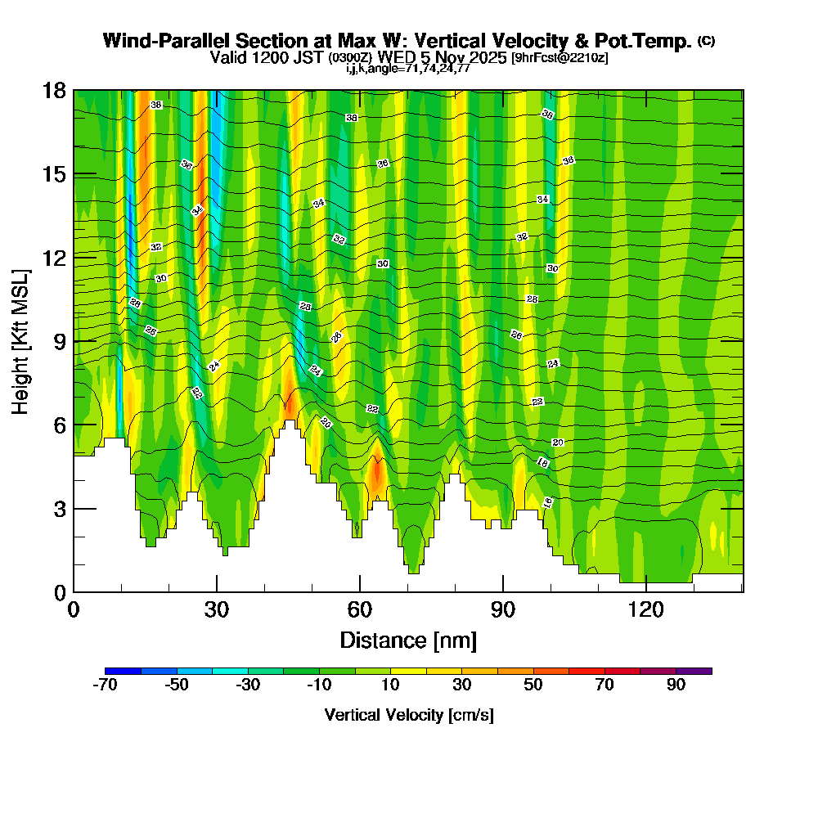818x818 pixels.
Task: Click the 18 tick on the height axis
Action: click(55, 91)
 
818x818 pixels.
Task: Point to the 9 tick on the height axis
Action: click(55, 341)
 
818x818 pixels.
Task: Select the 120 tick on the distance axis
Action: click(645, 609)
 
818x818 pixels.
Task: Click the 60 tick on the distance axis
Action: click(359, 609)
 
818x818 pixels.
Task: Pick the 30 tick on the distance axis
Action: click(216, 609)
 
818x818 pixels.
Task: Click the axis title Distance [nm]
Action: click(407, 639)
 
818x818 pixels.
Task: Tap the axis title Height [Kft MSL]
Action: click(20, 341)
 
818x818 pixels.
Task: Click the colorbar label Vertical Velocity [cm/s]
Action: click(408, 715)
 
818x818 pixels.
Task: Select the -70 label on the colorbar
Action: click(106, 685)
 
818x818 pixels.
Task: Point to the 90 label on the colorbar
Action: click(676, 685)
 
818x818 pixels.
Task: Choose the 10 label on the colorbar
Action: click(390, 685)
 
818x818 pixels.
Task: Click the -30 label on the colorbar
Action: click(248, 685)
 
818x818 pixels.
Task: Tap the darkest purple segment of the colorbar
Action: click(694, 671)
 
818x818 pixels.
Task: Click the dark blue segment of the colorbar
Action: click(124, 671)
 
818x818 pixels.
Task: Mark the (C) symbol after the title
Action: click(705, 41)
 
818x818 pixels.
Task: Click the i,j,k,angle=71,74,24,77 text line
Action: click(407, 69)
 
